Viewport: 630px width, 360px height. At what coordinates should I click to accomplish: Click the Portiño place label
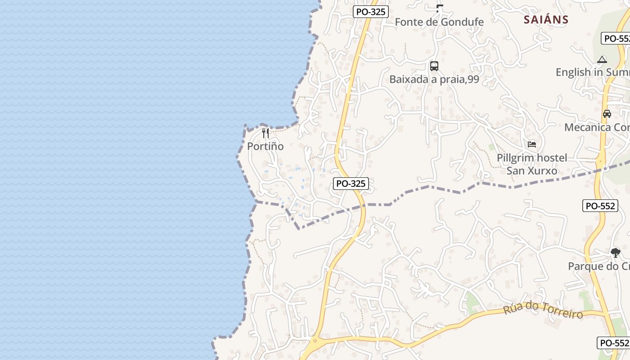point(265,146)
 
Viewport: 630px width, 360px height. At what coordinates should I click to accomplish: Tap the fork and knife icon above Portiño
point(265,133)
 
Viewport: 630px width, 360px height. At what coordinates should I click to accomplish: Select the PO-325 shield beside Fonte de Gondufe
point(370,12)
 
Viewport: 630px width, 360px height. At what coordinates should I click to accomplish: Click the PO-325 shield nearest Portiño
point(351,184)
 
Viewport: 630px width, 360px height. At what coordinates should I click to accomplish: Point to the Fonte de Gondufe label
point(439,22)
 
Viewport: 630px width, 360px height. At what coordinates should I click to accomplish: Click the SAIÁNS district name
point(546,20)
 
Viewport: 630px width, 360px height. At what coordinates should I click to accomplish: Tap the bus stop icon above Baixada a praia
point(434,66)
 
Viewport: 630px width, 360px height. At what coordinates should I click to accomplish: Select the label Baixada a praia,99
point(434,80)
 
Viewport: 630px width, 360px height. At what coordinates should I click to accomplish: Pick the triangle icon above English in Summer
point(602,59)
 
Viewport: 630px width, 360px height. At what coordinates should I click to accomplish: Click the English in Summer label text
point(592,72)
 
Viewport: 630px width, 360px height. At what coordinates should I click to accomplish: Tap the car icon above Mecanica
point(607,114)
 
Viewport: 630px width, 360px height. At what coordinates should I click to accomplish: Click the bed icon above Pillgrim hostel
point(532,144)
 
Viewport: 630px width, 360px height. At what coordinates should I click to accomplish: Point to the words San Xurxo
point(532,171)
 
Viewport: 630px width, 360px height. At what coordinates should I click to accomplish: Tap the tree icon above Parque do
point(615,253)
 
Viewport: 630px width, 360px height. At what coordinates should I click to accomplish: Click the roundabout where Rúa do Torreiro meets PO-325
point(315,341)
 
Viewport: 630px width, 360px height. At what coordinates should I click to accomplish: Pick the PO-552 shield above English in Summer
point(616,38)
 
